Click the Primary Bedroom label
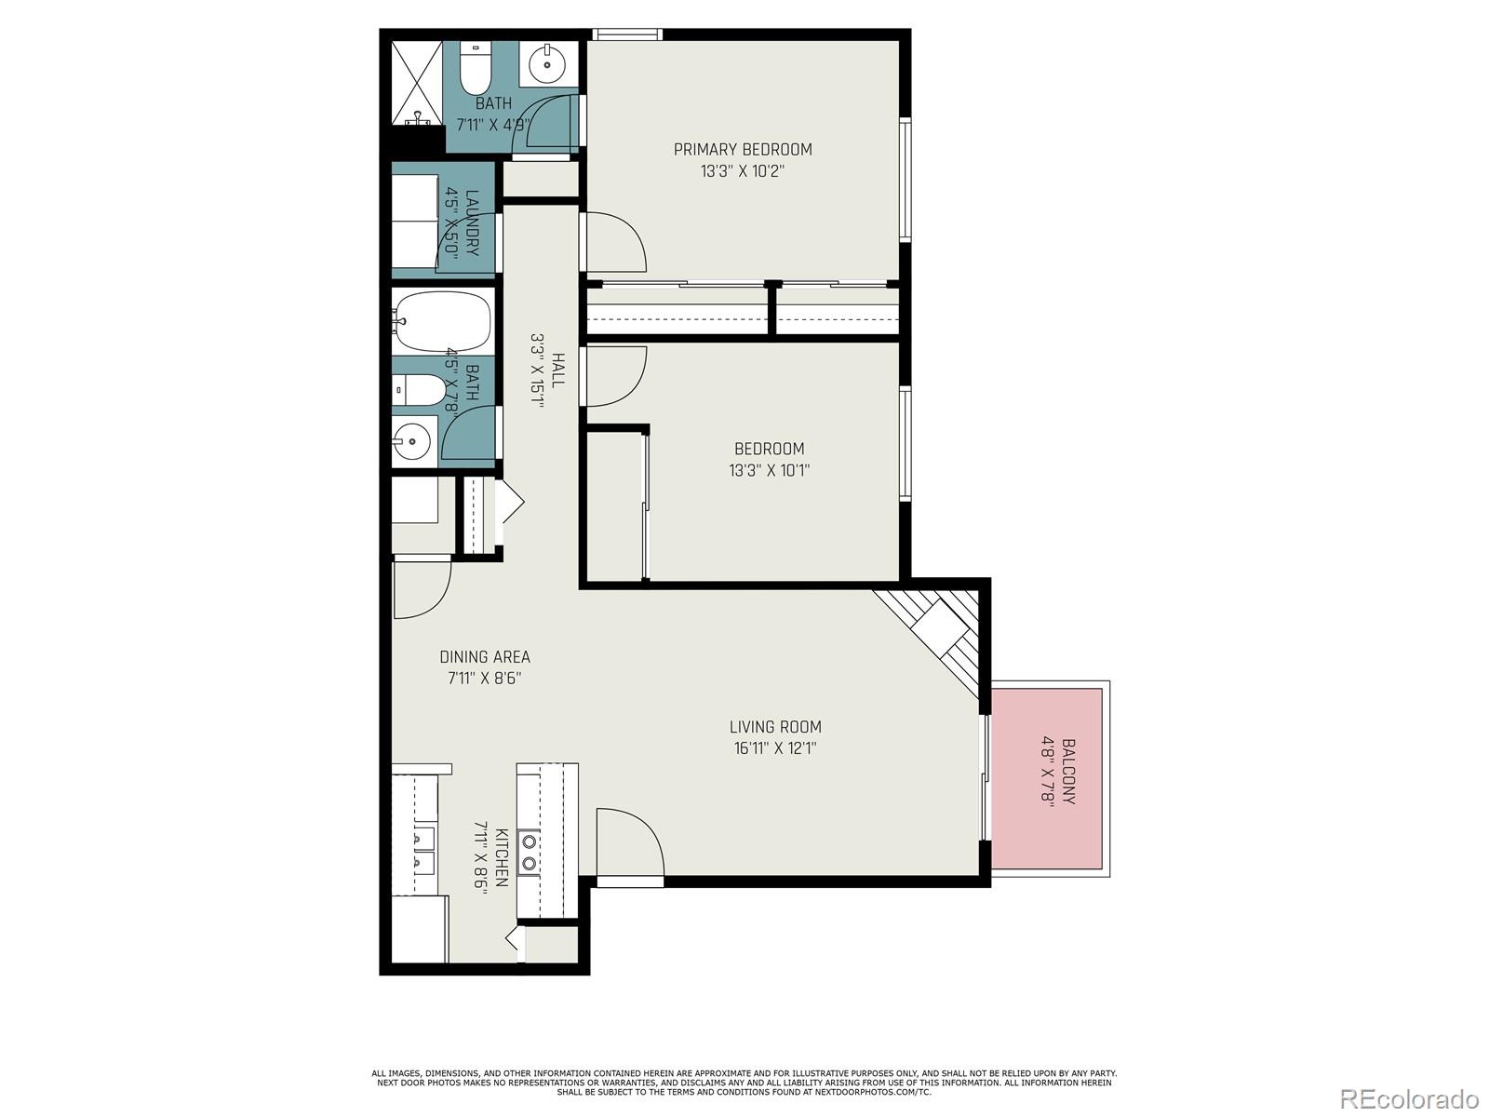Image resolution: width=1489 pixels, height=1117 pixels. pyautogui.click(x=743, y=149)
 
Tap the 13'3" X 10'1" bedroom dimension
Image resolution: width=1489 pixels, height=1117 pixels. pyautogui.click(x=769, y=470)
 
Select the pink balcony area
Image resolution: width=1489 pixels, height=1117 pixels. pyautogui.click(x=1046, y=778)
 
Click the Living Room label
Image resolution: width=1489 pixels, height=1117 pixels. pyautogui.click(x=774, y=727)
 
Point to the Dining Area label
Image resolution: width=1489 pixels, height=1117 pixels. pyautogui.click(x=485, y=657)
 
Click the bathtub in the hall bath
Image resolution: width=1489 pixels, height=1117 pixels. pyautogui.click(x=441, y=320)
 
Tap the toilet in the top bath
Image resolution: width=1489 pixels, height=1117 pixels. pyautogui.click(x=475, y=70)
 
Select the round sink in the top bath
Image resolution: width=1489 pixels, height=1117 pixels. pyautogui.click(x=546, y=64)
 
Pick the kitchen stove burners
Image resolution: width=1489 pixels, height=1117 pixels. pyautogui.click(x=529, y=852)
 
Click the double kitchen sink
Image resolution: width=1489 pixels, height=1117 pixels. pyautogui.click(x=423, y=851)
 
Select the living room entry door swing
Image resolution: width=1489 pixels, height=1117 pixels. pyautogui.click(x=629, y=842)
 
